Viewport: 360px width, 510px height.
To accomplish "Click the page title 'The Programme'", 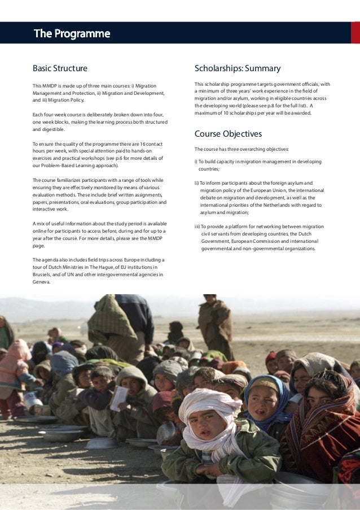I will click(72, 34).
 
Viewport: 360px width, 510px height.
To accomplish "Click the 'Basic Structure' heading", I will click(60, 69).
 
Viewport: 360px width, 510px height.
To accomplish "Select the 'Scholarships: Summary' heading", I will click(237, 69).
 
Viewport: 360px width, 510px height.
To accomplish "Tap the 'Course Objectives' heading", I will click(228, 134).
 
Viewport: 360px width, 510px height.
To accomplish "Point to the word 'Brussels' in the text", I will click(44, 275).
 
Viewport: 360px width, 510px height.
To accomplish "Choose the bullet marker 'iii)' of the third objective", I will click(197, 226).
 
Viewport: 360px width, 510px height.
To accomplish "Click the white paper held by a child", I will click(119, 398).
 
